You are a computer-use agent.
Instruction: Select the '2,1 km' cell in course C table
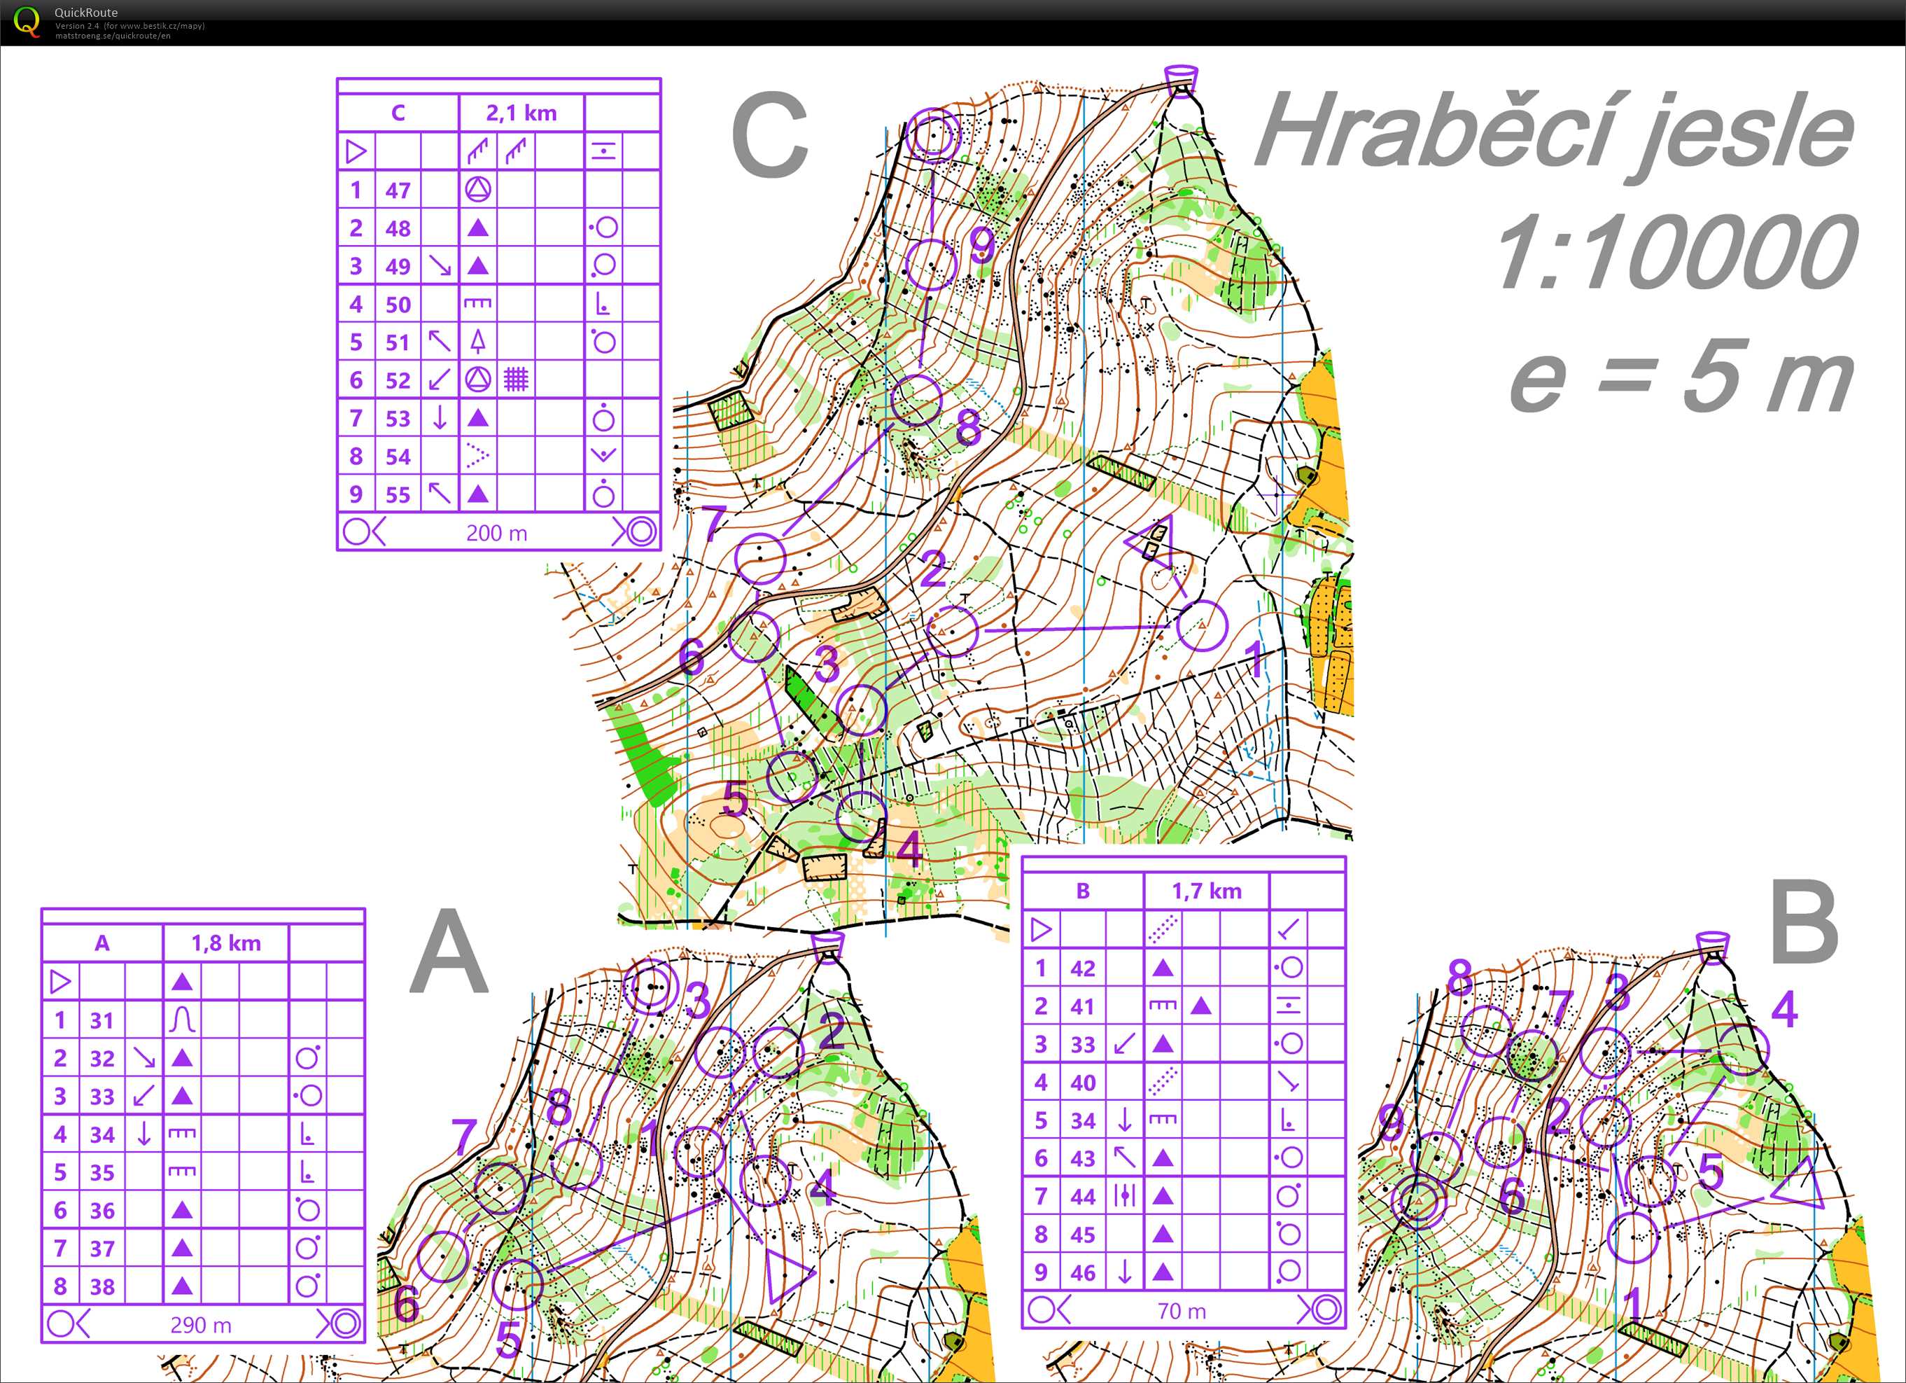pos(521,113)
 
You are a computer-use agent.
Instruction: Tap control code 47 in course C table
pos(398,190)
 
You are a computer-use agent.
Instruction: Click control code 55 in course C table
pos(398,494)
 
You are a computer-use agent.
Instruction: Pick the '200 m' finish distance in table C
pos(497,533)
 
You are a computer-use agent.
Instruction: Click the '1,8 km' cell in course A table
pos(226,943)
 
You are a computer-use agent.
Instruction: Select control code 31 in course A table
pos(101,1020)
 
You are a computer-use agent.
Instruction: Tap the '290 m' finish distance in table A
pos(201,1325)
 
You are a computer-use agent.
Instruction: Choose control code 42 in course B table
pos(1082,968)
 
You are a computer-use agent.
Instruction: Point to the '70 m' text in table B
pos(1182,1311)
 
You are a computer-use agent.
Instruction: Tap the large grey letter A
pos(449,954)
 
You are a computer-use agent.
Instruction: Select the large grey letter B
pos(1804,922)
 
